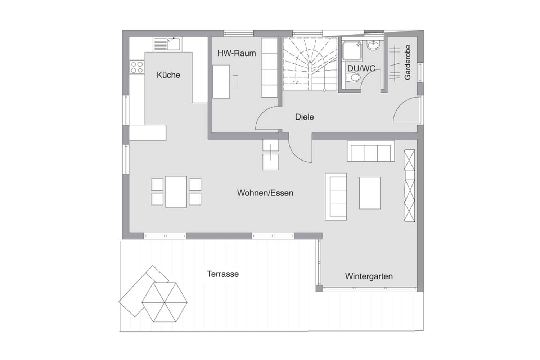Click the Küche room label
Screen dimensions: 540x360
click(x=168, y=75)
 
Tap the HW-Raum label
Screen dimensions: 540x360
click(x=237, y=53)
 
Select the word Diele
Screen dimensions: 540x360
click(x=305, y=117)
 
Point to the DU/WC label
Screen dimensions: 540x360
click(x=361, y=68)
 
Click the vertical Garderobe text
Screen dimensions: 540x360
click(x=408, y=62)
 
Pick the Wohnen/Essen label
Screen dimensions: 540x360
click(x=265, y=193)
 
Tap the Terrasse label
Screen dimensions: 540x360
click(x=223, y=274)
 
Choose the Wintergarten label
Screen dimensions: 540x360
click(x=369, y=276)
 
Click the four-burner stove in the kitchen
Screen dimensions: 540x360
click(x=137, y=67)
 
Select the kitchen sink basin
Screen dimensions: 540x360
click(x=174, y=44)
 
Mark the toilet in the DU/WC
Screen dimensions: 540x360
click(x=353, y=78)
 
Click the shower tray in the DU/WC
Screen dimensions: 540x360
click(x=352, y=51)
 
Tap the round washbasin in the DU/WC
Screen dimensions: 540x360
click(x=373, y=45)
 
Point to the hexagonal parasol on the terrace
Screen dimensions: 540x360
click(x=165, y=302)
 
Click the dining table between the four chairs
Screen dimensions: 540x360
click(x=176, y=192)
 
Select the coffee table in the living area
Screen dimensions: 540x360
click(x=370, y=193)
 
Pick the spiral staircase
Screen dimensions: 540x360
click(x=310, y=64)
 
